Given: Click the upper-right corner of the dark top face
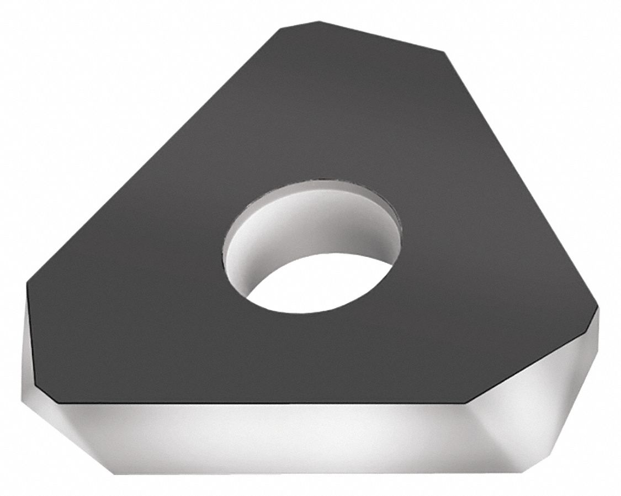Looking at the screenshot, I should tap(445, 53).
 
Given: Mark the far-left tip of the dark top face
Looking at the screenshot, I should tap(27, 285).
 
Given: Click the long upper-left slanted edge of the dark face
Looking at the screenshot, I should tap(155, 155).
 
